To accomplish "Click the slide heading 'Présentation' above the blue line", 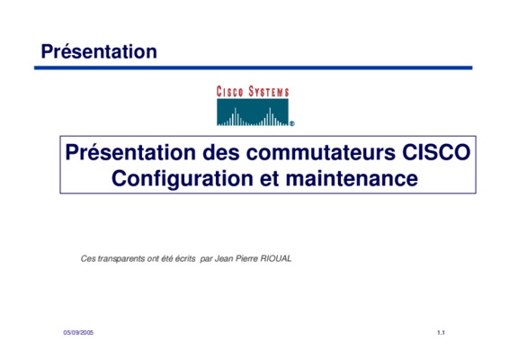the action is click(x=99, y=52).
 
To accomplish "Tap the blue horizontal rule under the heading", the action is click(x=254, y=67).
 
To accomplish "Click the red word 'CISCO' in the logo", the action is click(x=230, y=92).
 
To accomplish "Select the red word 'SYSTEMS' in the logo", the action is click(x=269, y=92).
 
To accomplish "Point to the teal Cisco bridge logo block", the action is click(x=253, y=112).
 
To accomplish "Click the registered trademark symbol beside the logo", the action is click(x=292, y=123).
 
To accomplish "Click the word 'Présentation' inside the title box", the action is click(x=130, y=152).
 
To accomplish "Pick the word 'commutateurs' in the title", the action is click(x=321, y=152).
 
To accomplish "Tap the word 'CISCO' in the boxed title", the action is click(x=436, y=152).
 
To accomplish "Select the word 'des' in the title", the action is click(x=221, y=152).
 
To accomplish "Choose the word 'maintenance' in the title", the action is click(x=352, y=179).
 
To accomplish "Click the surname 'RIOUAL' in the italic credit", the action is click(x=276, y=258).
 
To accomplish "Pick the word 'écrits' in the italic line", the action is click(x=185, y=258).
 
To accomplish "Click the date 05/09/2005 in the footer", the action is click(x=78, y=333).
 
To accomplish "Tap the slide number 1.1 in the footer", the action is click(x=441, y=333).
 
